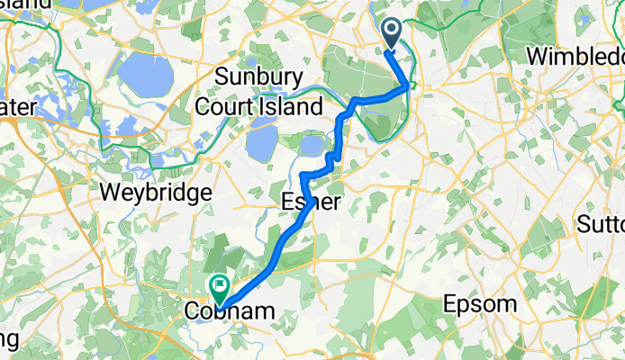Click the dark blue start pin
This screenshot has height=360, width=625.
(394, 35)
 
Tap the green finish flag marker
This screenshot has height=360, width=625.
(218, 287)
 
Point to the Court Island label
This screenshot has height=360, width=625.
(260, 107)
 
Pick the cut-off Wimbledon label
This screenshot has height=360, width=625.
(575, 56)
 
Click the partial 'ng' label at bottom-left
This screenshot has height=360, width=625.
(9, 340)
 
